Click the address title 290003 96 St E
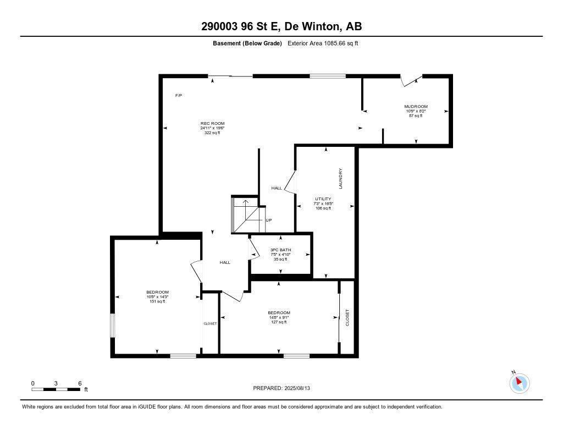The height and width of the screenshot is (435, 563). [x=281, y=26]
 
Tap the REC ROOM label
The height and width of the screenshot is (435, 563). [x=212, y=123]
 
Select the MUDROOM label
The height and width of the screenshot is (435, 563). [x=416, y=107]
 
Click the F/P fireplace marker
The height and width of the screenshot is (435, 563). [x=179, y=96]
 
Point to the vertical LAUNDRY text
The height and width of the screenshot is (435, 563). [x=340, y=179]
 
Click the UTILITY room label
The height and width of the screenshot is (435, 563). [x=323, y=199]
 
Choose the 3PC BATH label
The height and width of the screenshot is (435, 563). [x=280, y=250]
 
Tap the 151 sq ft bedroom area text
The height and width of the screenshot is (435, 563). [x=157, y=301]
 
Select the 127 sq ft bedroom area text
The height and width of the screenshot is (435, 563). [x=279, y=322]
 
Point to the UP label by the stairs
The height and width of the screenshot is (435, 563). [x=269, y=221]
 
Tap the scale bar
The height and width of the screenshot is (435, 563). [x=57, y=389]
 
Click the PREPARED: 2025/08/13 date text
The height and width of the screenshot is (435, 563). [x=285, y=388]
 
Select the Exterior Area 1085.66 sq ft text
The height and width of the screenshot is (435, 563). [x=323, y=43]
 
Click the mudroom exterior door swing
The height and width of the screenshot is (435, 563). [x=410, y=80]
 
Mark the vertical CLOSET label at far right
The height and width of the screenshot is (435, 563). [x=347, y=317]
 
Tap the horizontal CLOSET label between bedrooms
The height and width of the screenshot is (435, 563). [x=210, y=323]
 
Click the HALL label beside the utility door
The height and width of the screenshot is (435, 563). [x=277, y=188]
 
